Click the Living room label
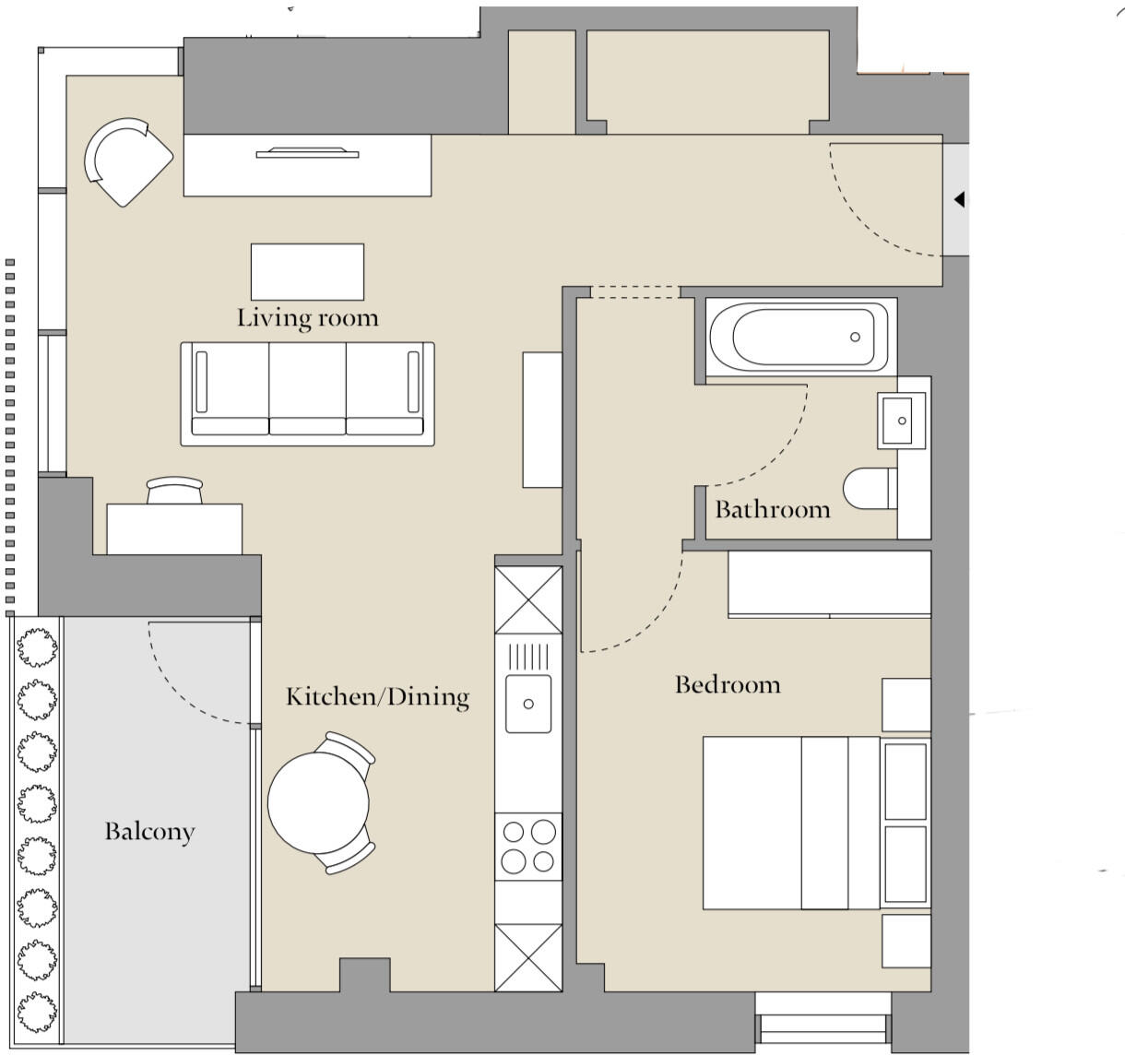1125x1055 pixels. [x=307, y=318]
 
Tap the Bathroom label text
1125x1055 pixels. [x=772, y=510]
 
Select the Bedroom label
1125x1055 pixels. [x=728, y=684]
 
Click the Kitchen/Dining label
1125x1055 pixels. [x=377, y=696]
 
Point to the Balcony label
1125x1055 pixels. [x=149, y=832]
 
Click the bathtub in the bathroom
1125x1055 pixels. [x=800, y=337]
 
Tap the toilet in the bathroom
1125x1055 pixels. [x=868, y=489]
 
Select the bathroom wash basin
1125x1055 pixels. [x=901, y=421]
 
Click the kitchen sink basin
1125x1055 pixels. [x=528, y=704]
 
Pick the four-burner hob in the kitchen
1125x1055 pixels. [x=528, y=847]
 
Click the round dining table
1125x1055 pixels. [x=318, y=802]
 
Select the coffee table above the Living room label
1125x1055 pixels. [x=307, y=271]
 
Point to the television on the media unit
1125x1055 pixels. [x=306, y=152]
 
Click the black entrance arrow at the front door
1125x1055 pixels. [x=959, y=199]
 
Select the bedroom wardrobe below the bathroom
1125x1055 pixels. [x=829, y=584]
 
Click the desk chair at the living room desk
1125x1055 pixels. [x=174, y=491]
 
